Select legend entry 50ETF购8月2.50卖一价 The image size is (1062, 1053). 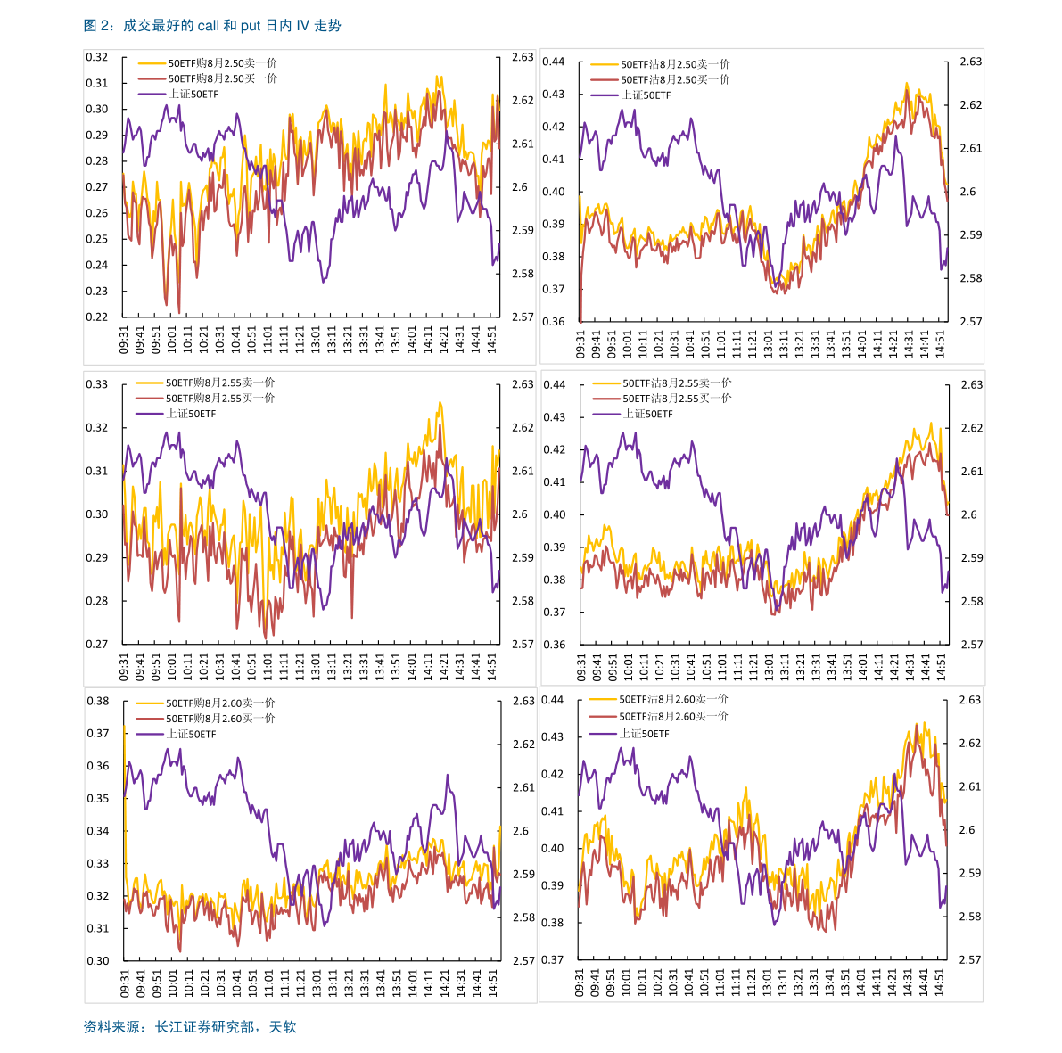pos(222,63)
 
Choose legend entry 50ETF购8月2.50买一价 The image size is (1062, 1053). pos(222,78)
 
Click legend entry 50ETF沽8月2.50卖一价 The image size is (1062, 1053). pos(675,64)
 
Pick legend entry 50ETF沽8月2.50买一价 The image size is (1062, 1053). pos(675,79)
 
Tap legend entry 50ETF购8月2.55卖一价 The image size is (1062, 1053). pos(220,383)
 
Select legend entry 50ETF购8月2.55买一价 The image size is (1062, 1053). pos(220,399)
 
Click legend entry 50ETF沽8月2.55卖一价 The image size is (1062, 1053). pos(677,383)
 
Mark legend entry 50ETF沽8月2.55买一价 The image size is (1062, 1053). pos(677,399)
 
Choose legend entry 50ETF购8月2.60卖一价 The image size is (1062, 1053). pos(220,703)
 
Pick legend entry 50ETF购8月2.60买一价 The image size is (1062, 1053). pos(220,719)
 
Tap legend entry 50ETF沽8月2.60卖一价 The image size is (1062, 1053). pos(673,700)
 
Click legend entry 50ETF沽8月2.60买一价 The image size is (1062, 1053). pos(673,716)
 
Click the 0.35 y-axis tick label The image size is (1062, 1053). pos(97,798)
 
